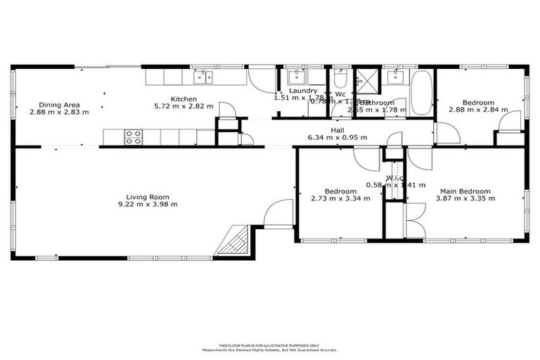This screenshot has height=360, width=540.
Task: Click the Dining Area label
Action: click(59, 104)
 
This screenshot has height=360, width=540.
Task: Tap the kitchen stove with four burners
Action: click(134, 137)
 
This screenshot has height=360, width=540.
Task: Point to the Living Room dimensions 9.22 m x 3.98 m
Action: click(148, 205)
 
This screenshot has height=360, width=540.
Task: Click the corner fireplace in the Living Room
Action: click(234, 241)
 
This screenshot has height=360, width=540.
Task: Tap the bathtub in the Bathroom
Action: click(422, 92)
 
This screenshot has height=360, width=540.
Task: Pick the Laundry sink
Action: click(296, 77)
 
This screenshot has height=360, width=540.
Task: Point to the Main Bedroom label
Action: click(465, 191)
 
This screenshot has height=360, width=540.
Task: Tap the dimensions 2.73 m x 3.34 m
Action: click(335, 198)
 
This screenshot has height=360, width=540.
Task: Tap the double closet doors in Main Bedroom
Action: click(415, 219)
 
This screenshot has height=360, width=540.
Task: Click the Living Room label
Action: click(148, 197)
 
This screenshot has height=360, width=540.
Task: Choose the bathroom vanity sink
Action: click(397, 76)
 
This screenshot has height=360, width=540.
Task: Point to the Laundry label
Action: click(303, 91)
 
